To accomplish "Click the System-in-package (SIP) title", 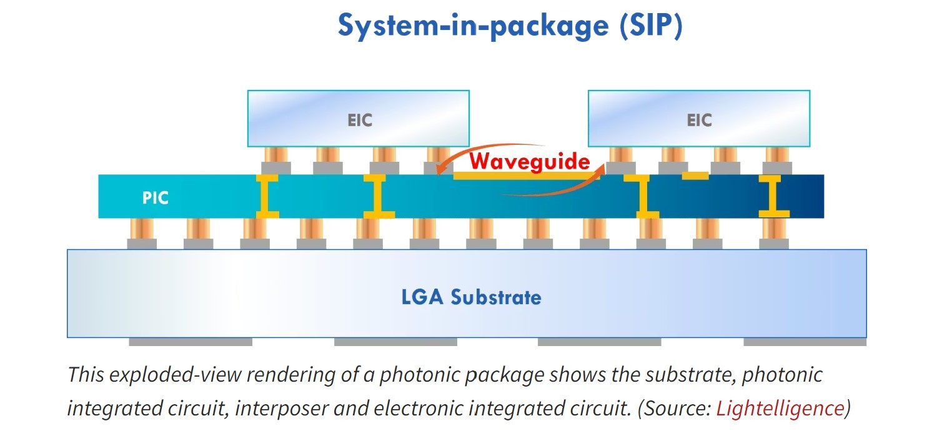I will tap(510, 26).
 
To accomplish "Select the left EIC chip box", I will tap(359, 119).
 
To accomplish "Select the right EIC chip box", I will tap(698, 119).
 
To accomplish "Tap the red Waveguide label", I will tap(530, 162).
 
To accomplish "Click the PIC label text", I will tap(156, 198).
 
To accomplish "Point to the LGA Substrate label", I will tap(471, 297).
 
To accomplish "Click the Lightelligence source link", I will tap(780, 409).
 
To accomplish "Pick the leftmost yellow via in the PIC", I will tap(265, 196).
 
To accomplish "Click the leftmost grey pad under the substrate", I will tap(191, 342).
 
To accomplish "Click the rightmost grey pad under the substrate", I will tap(805, 342).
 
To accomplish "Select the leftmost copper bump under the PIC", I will tap(141, 229).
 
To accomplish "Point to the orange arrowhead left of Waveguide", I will tap(442, 168).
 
